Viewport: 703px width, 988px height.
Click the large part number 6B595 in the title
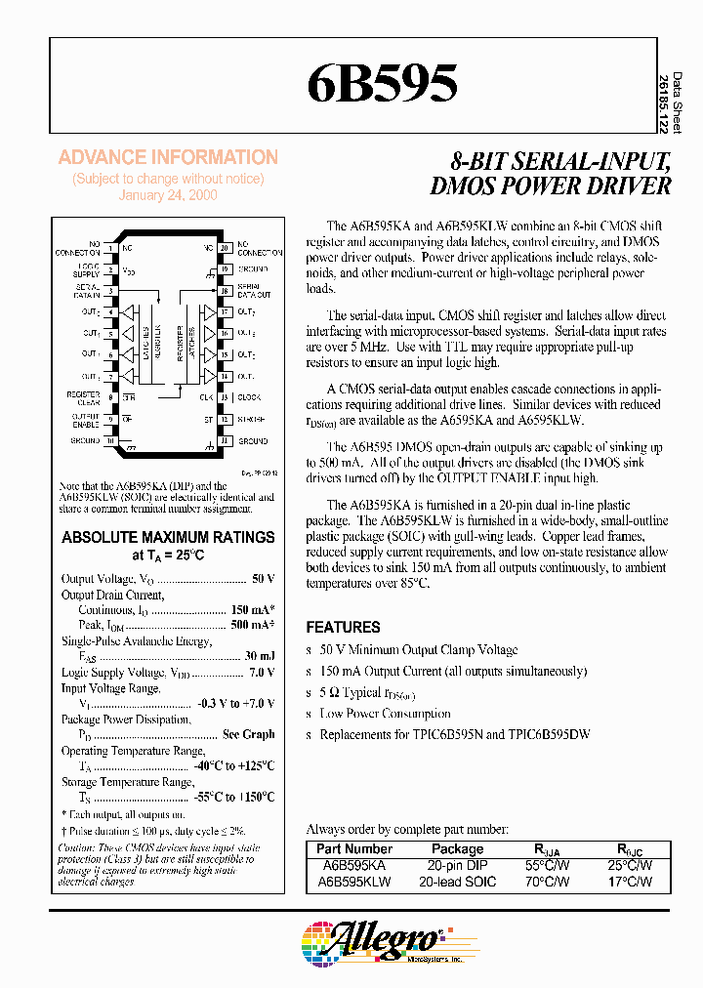(382, 86)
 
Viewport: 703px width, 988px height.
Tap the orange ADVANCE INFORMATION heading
(168, 157)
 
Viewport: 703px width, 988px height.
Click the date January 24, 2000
(168, 195)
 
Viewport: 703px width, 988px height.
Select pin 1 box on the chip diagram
(112, 247)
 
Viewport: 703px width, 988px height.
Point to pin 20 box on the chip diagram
(224, 247)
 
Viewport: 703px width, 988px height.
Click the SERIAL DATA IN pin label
(90, 290)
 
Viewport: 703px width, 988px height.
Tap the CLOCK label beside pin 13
(249, 397)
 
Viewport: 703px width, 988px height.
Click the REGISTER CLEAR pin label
(85, 397)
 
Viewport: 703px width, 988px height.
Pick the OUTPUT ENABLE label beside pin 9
(87, 420)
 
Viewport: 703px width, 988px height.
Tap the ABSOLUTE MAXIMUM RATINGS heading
(168, 537)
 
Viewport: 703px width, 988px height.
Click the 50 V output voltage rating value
(263, 579)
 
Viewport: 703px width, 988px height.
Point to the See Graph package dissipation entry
(248, 734)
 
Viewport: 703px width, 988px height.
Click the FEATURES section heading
(343, 628)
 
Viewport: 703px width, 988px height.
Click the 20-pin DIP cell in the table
(457, 866)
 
